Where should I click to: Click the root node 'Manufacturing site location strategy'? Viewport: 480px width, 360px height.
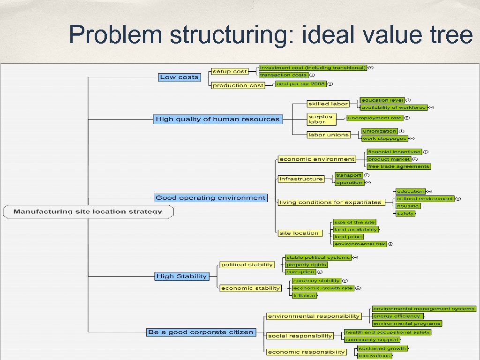click(88, 212)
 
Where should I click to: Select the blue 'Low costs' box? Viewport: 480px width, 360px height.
click(179, 77)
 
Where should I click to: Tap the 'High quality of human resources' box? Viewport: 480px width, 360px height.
click(218, 120)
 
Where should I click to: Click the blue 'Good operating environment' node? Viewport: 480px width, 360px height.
click(210, 198)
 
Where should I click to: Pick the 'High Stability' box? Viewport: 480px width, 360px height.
click(181, 277)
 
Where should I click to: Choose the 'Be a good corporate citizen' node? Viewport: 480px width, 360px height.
click(201, 332)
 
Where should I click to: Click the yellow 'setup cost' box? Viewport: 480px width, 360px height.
click(230, 71)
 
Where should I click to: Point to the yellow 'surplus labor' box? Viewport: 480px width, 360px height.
click(322, 120)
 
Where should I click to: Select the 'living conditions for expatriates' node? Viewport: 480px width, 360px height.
click(330, 202)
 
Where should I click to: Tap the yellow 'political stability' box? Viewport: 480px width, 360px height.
click(247, 265)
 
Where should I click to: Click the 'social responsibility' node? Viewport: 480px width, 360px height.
click(300, 336)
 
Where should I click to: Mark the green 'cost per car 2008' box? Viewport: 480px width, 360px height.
click(300, 84)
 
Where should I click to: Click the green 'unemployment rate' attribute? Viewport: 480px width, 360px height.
click(375, 118)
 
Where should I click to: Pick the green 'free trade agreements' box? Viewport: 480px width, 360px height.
click(398, 166)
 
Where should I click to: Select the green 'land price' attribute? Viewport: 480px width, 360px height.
click(348, 237)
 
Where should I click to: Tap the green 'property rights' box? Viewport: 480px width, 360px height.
click(306, 265)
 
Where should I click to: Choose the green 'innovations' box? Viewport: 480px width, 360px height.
click(374, 356)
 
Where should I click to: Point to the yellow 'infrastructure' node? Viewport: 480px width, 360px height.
click(301, 179)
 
